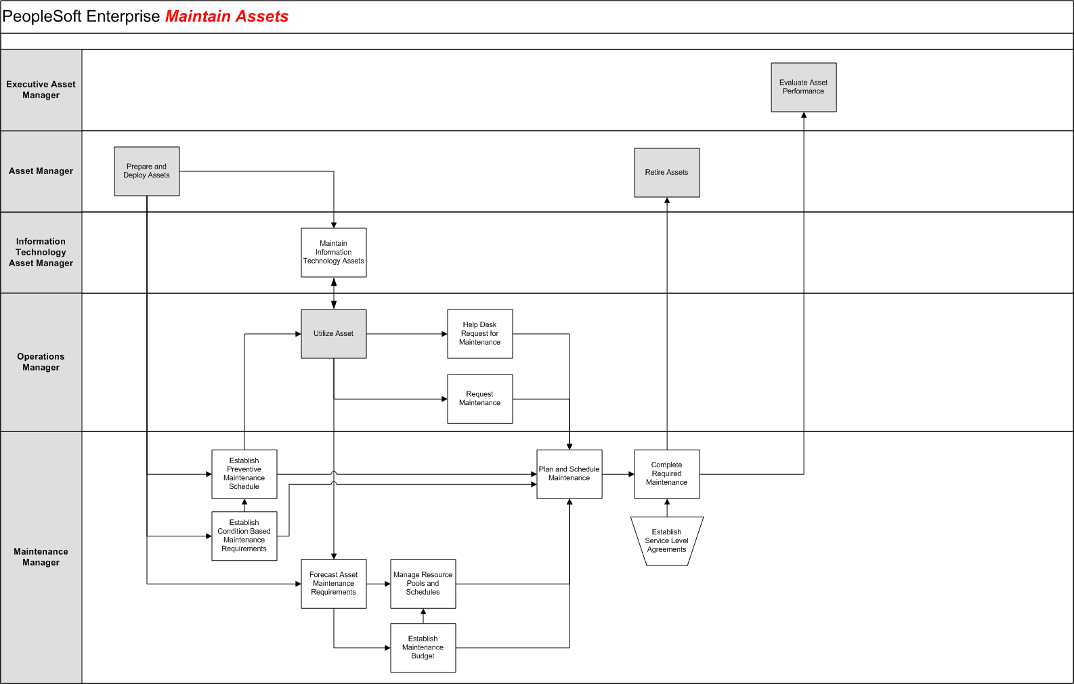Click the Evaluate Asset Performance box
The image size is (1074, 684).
coord(803,87)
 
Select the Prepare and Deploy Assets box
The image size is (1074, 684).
coord(146,171)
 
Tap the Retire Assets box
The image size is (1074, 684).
coord(666,173)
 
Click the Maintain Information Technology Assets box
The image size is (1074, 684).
coord(333,253)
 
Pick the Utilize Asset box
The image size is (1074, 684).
coord(333,334)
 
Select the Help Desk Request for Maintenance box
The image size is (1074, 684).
coord(479,334)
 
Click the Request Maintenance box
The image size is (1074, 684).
coord(479,399)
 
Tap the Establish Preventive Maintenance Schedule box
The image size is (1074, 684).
coord(244,474)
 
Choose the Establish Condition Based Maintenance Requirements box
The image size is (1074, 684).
coord(244,536)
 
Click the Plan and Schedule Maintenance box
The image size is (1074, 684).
coord(569,474)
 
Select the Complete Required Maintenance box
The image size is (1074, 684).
coord(666,474)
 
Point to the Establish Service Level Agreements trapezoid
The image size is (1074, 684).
coord(666,541)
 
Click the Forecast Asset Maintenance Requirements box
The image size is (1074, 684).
coord(333,584)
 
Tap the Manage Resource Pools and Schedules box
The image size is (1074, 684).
coord(423,584)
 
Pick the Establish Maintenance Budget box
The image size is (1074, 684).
coord(423,647)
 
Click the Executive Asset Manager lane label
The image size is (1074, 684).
coord(41,90)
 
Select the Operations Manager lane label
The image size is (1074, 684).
coord(41,362)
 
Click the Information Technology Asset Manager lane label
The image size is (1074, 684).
coord(41,253)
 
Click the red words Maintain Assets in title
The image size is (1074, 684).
coord(227,17)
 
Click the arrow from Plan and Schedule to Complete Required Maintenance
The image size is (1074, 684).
coord(618,474)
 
